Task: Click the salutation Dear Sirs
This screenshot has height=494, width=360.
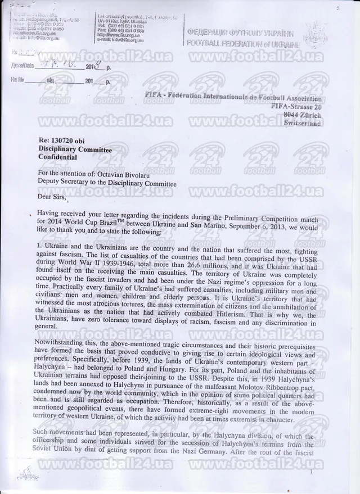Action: [52, 197]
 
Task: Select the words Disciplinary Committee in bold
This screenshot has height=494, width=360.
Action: [75, 150]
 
